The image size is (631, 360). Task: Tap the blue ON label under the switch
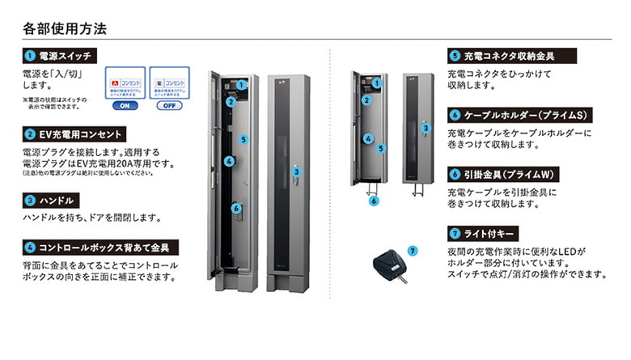coord(125,105)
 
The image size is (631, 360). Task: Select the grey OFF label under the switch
coord(168,105)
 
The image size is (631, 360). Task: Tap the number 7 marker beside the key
coord(413,251)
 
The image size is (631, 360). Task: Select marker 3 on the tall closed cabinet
coord(297,172)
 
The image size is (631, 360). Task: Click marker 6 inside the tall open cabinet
coord(235,208)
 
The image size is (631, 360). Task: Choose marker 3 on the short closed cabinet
coord(426,128)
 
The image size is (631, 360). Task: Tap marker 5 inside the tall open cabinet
coord(243,139)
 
